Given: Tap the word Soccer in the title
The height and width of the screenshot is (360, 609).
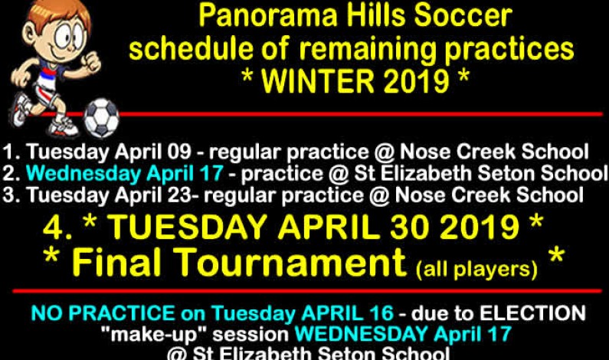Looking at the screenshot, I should click(x=465, y=16).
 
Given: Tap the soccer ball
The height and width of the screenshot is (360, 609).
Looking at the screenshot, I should click(x=101, y=117).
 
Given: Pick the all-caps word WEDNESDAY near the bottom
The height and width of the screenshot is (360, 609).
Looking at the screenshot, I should click(x=359, y=334).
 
